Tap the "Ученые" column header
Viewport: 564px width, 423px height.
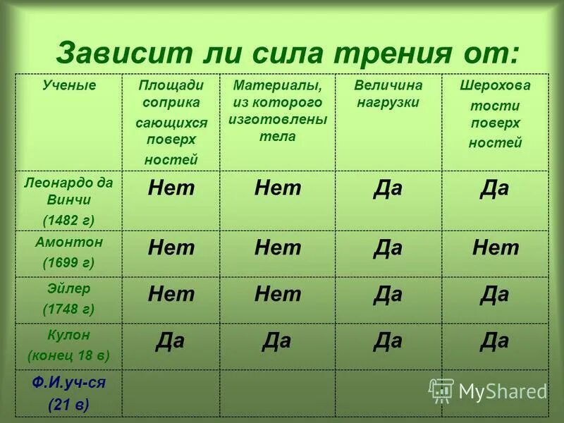point(69,85)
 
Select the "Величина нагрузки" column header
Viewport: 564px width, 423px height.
point(388,94)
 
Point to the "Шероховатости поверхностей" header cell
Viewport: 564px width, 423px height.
point(495,114)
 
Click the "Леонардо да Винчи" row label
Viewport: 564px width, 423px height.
point(68,191)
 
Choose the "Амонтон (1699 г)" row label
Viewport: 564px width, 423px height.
point(68,253)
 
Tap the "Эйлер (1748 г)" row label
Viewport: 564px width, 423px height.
point(68,299)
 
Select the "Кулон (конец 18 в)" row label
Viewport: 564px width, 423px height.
point(68,345)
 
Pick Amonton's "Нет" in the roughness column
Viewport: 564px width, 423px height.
point(495,248)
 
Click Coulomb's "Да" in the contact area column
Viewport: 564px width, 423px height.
point(170,341)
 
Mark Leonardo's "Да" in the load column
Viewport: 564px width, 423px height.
point(388,189)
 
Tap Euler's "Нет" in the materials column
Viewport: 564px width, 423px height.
point(277,295)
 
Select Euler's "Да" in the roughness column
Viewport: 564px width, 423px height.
point(494,295)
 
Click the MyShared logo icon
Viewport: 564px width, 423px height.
point(441,391)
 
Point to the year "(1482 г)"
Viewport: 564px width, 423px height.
point(68,220)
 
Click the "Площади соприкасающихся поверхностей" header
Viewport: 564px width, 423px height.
point(171,122)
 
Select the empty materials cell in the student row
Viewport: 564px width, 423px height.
point(277,393)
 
